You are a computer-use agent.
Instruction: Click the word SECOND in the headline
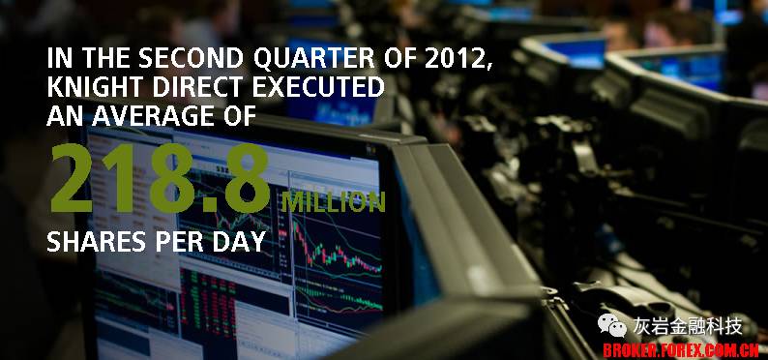pyautogui.click(x=191, y=59)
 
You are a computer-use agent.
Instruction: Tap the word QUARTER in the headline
pyautogui.click(x=314, y=60)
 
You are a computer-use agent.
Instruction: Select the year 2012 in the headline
pyautogui.click(x=457, y=60)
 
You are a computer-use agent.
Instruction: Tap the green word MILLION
pyautogui.click(x=334, y=202)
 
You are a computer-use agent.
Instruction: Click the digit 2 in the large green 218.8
pyautogui.click(x=71, y=178)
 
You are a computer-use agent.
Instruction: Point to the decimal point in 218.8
pyautogui.click(x=213, y=205)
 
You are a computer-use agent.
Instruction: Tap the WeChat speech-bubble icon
pyautogui.click(x=611, y=326)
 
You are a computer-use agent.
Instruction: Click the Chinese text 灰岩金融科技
pyautogui.click(x=687, y=326)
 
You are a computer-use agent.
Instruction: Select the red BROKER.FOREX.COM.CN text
pyautogui.click(x=681, y=350)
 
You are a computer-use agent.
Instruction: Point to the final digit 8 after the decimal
pyautogui.click(x=248, y=178)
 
